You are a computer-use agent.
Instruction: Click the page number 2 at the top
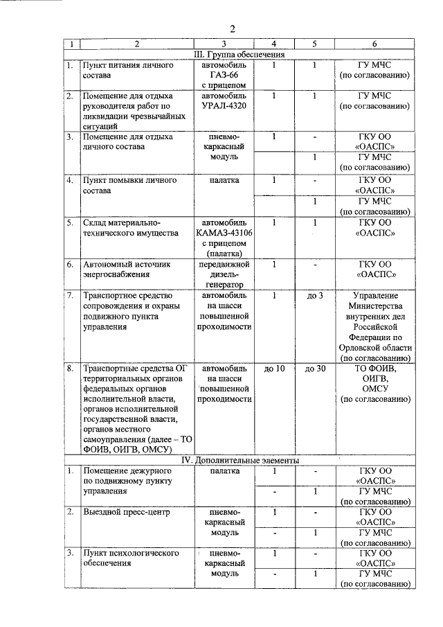coord(233,28)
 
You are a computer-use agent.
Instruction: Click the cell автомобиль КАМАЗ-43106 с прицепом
coord(224,239)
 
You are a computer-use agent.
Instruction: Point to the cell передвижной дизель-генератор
coord(224,274)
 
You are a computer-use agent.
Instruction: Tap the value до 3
coord(315,297)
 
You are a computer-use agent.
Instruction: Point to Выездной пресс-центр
coord(125,512)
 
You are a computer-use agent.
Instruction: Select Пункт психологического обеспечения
coord(131,558)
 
